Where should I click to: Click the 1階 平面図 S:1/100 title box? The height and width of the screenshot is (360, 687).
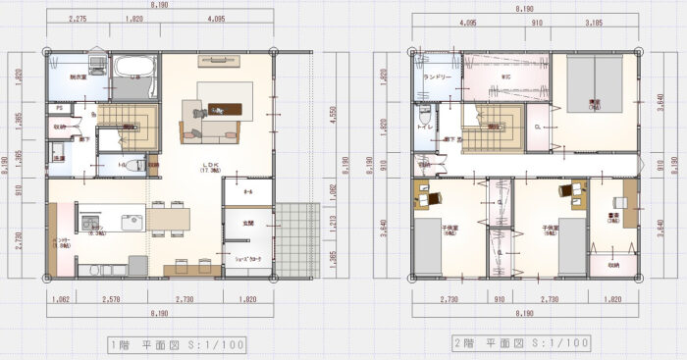(177, 344)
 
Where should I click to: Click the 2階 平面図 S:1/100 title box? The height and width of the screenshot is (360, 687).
(520, 343)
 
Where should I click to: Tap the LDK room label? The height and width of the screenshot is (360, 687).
(208, 166)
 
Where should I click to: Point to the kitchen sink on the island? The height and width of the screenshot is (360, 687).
(132, 223)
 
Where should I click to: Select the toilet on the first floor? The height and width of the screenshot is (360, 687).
(133, 165)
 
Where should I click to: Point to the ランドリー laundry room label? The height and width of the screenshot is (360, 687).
(437, 76)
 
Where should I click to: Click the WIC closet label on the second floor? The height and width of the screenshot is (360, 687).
(504, 76)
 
